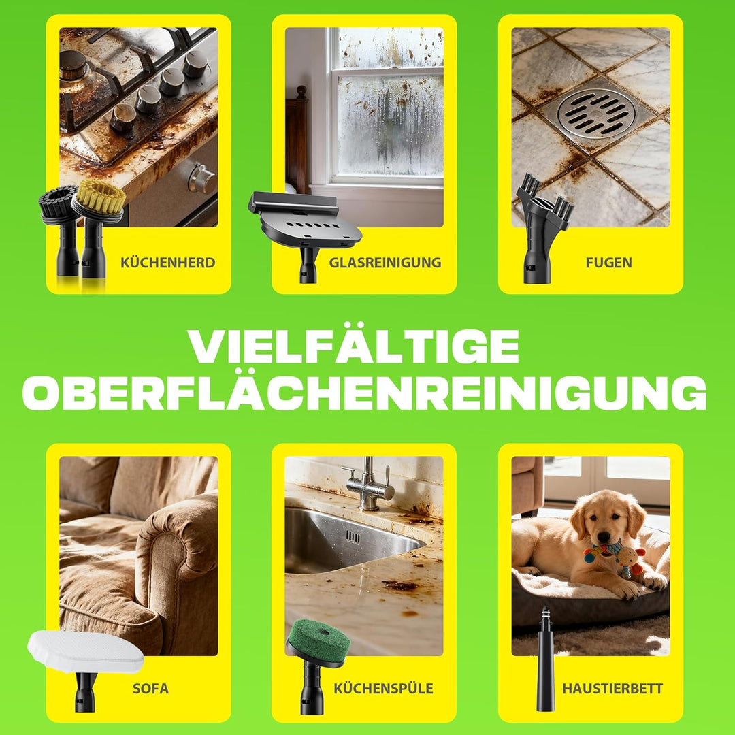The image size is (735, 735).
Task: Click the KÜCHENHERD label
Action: (x=168, y=263)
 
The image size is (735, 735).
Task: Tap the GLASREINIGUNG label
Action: (x=385, y=263)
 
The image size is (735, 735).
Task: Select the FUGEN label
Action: (x=608, y=263)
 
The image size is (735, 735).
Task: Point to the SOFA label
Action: (x=150, y=689)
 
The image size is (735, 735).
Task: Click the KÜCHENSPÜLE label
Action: (x=383, y=688)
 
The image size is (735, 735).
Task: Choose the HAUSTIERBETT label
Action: (x=612, y=689)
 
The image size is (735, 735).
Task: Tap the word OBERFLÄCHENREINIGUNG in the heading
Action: (x=364, y=393)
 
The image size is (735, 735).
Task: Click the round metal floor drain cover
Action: (x=596, y=113)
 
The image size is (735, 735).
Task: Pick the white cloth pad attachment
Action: (x=85, y=651)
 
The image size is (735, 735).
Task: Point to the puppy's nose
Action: (x=603, y=537)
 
